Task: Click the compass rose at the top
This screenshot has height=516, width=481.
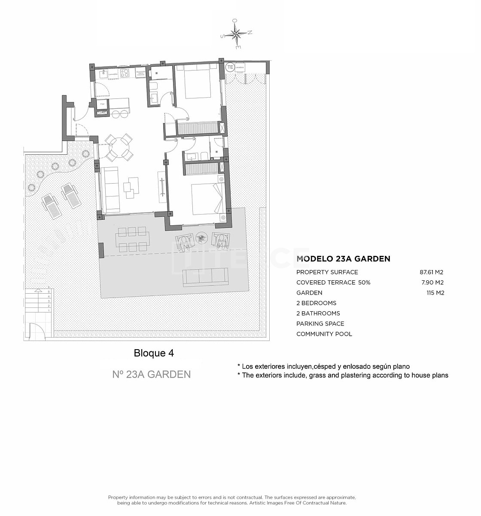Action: pos(237,34)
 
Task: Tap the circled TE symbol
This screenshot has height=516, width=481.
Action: pos(230,67)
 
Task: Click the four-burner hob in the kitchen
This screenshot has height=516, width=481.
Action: pos(125,73)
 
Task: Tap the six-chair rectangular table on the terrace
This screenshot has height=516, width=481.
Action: pos(132,239)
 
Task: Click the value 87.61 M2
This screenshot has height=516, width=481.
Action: pos(431,272)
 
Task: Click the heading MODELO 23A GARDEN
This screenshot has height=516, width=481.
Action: pos(343,259)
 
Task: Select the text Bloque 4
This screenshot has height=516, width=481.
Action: pos(154,353)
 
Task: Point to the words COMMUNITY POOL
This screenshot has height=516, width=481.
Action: pos(324,334)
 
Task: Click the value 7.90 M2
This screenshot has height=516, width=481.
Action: pos(433,283)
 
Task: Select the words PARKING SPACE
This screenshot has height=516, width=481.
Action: pos(320,324)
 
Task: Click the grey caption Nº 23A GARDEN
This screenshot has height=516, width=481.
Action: pos(151,375)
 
